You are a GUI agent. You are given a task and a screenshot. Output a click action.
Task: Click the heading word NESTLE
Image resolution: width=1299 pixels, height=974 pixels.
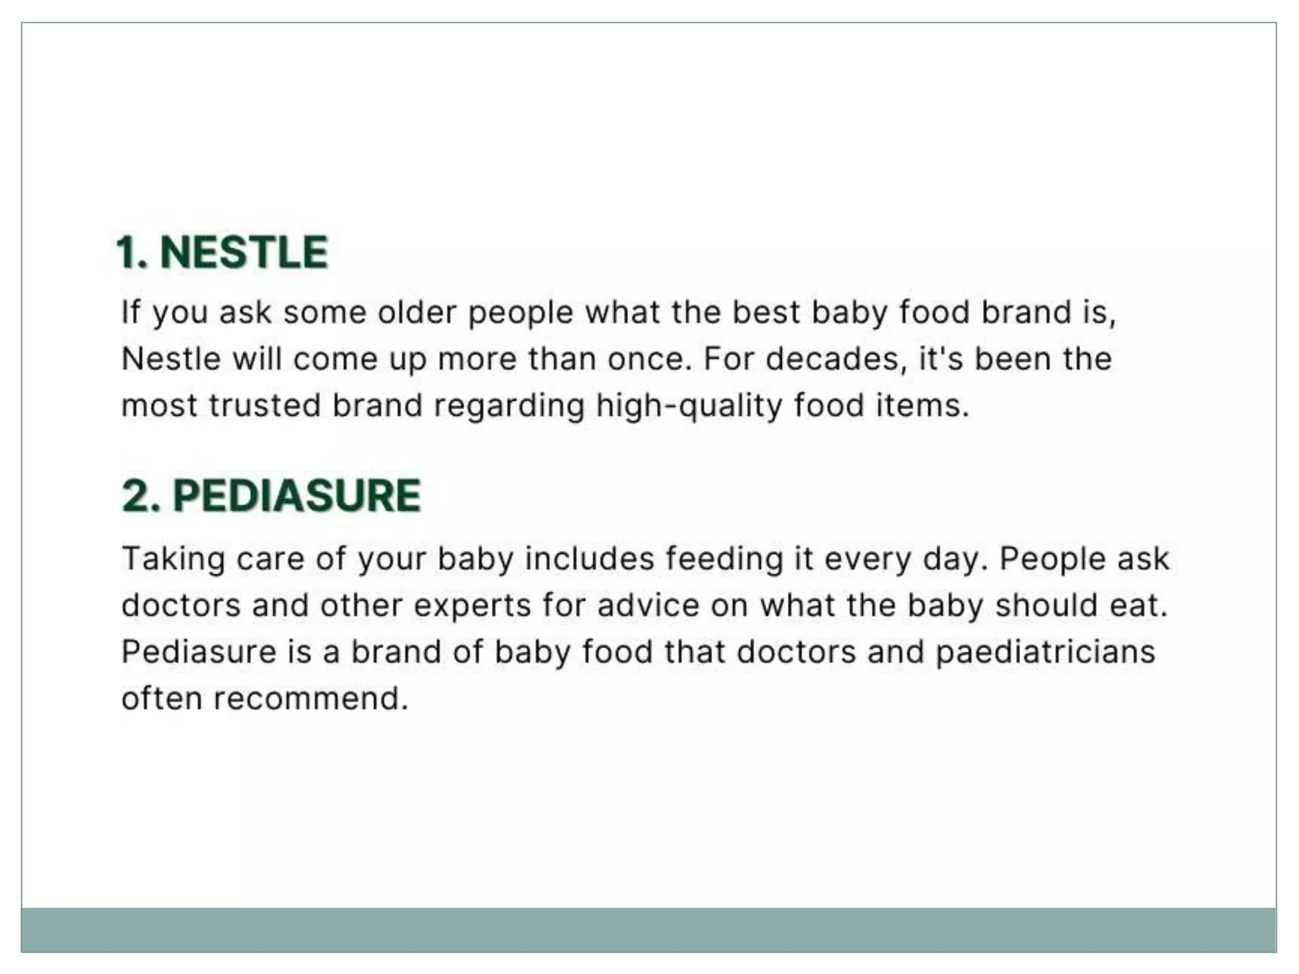click(244, 252)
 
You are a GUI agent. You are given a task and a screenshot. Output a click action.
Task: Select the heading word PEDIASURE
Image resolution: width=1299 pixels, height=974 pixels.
click(297, 495)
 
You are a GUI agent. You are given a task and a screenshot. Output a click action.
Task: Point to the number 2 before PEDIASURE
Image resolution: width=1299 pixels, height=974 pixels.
click(140, 495)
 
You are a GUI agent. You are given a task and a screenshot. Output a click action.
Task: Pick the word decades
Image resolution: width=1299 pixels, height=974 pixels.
click(832, 359)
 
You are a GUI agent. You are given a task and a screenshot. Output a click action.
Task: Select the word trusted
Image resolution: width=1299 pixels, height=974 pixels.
click(264, 405)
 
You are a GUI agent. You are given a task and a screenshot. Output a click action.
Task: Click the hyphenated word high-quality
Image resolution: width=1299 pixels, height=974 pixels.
click(689, 406)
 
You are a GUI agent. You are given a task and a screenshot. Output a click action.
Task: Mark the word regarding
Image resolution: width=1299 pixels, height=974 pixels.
click(509, 406)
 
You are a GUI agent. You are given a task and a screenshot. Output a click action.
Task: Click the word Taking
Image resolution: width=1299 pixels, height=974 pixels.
click(173, 559)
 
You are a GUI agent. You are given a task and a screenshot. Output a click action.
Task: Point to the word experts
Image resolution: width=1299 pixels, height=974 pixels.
click(472, 606)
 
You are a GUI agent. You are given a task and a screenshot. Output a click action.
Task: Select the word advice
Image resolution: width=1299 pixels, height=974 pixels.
click(648, 605)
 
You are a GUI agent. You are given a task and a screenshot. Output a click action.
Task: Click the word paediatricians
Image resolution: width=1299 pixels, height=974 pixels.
click(1045, 652)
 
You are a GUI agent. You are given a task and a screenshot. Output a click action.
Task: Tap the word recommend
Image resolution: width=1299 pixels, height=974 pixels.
click(310, 699)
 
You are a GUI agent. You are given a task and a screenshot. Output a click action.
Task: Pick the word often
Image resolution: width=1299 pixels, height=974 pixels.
click(162, 699)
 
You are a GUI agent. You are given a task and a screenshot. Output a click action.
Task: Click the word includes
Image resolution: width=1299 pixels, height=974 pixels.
click(589, 559)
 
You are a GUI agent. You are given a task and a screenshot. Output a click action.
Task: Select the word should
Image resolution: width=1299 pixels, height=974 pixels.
click(1046, 605)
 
